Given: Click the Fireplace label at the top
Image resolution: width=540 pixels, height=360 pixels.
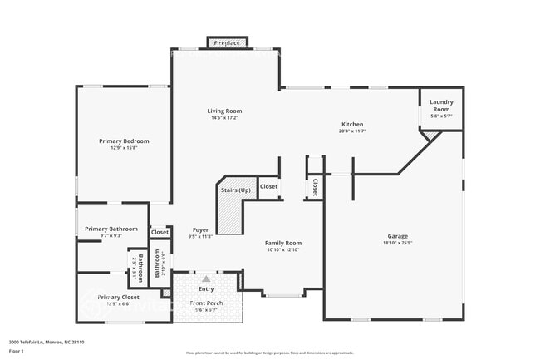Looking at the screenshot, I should coord(226,42).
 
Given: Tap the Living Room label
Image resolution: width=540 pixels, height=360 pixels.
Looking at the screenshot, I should coord(224,111).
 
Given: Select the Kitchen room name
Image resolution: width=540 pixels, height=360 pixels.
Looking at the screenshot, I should coord(351,124).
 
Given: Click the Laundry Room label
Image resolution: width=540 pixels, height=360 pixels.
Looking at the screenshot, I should coord(440,106).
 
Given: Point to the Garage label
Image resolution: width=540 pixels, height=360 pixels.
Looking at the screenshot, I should coord(398,235).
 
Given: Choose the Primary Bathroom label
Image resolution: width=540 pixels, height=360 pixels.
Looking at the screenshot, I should coord(110,229).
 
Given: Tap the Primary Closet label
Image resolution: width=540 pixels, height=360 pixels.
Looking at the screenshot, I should coord(118,297).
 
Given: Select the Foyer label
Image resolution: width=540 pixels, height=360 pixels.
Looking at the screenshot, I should coord(200,229).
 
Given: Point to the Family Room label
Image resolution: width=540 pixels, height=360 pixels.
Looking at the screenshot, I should coord(282,243).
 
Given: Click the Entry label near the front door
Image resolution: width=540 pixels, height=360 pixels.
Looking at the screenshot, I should coord(205,288).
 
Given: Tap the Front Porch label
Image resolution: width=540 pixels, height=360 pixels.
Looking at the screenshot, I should coord(205,303).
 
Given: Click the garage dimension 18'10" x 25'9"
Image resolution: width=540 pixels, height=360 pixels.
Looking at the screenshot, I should coord(398,243).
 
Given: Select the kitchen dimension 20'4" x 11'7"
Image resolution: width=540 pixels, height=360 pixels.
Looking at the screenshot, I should coord(351,131).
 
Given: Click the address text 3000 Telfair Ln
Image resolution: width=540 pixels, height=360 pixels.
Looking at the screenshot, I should coord(47,342).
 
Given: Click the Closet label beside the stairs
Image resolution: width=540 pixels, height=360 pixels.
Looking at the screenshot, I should coord(268,187).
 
